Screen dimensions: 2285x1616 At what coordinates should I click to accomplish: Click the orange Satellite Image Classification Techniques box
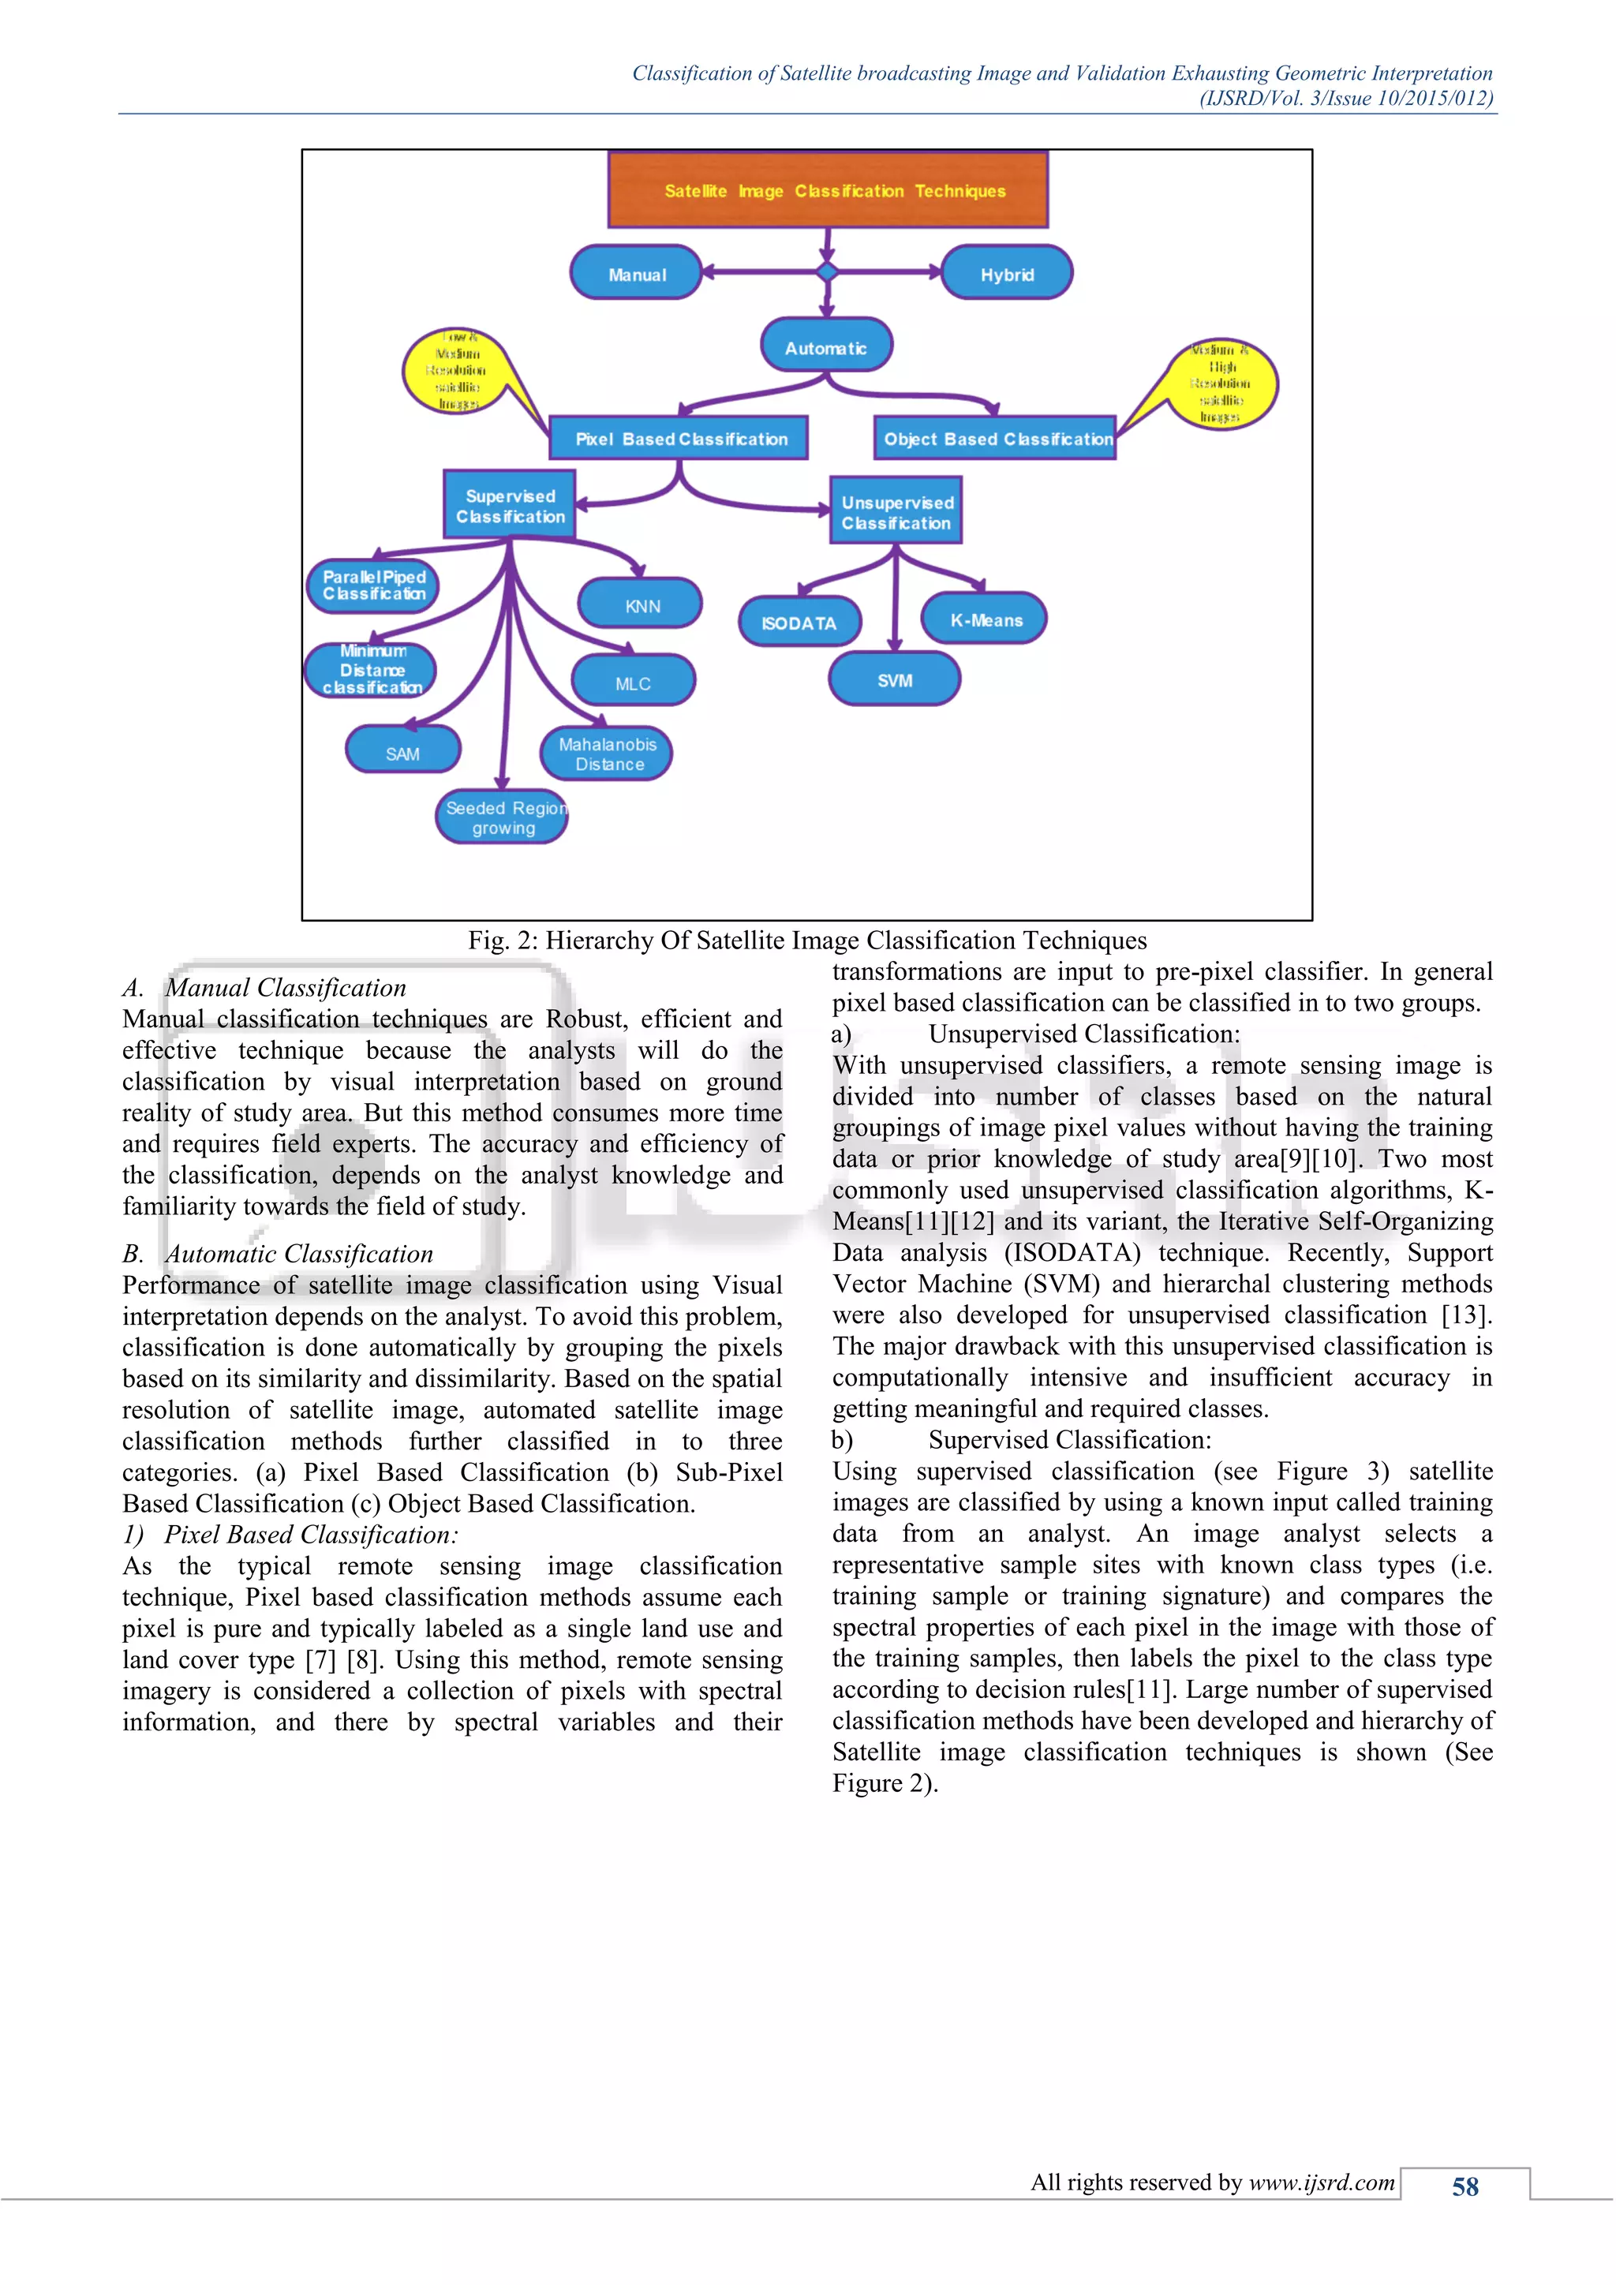pos(828,189)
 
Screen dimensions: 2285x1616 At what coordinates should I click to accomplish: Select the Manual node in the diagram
pos(637,274)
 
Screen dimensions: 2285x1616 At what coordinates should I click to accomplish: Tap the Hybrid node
pos(1006,274)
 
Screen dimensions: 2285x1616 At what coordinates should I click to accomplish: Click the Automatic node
pos(826,346)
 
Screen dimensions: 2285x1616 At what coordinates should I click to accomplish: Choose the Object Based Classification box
pos(996,438)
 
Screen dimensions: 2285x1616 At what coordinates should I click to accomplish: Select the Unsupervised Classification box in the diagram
pos(896,511)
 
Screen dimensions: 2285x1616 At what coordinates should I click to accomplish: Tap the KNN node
pos(641,604)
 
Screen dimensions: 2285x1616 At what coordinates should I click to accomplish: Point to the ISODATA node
pos(799,622)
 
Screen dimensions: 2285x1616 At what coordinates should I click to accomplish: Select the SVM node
pos(893,679)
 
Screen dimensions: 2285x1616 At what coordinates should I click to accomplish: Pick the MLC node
pos(633,682)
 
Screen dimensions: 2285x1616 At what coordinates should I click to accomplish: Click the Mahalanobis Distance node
pos(606,754)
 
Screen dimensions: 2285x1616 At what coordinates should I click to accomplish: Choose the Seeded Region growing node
pos(503,817)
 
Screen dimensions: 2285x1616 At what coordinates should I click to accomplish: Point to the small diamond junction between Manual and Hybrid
pos(827,271)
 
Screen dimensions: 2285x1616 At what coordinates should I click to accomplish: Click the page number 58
pos(1464,2186)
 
